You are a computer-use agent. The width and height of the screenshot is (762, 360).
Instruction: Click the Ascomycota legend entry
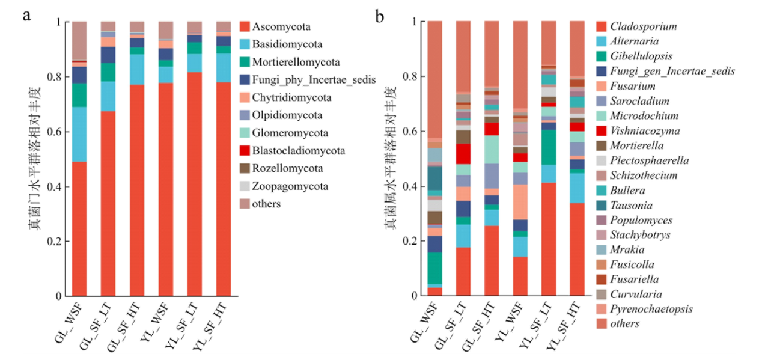coord(278,27)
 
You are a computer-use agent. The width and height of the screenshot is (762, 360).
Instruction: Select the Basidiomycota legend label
coord(287,44)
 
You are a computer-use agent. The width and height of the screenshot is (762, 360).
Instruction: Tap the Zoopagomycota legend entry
coord(290,186)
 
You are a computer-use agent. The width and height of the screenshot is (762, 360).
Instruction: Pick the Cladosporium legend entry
coord(644,26)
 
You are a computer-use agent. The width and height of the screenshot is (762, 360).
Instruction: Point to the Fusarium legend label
coord(631,86)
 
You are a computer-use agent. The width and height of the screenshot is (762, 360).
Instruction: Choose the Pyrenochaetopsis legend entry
coord(651,309)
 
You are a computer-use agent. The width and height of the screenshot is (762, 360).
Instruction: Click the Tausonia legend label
coord(632,205)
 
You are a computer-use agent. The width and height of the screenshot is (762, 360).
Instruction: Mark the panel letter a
coord(26,15)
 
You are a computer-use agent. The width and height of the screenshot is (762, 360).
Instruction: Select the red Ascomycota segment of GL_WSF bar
coord(79,229)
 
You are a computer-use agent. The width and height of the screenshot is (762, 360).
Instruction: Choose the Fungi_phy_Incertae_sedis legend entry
coord(314,80)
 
